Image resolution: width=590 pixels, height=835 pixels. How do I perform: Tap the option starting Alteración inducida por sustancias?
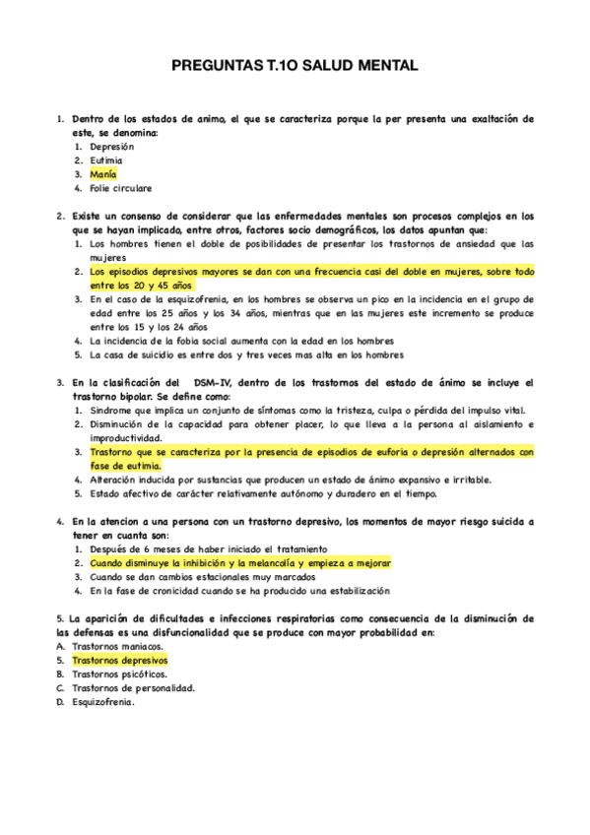coord(276,480)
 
